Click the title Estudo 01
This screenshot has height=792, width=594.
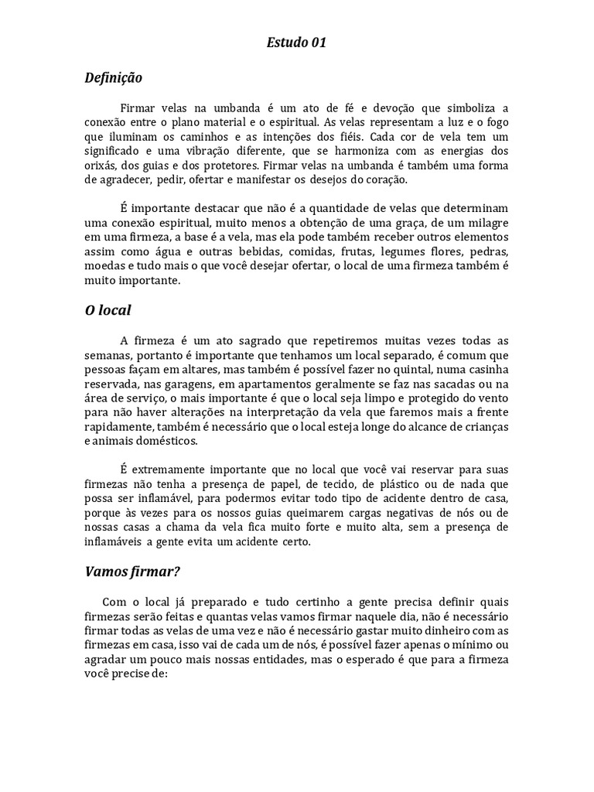point(296,43)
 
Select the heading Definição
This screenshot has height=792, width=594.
point(114,78)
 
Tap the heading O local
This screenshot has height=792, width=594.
point(108,310)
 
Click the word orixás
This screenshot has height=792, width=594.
point(102,166)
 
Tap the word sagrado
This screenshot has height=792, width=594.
point(249,340)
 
